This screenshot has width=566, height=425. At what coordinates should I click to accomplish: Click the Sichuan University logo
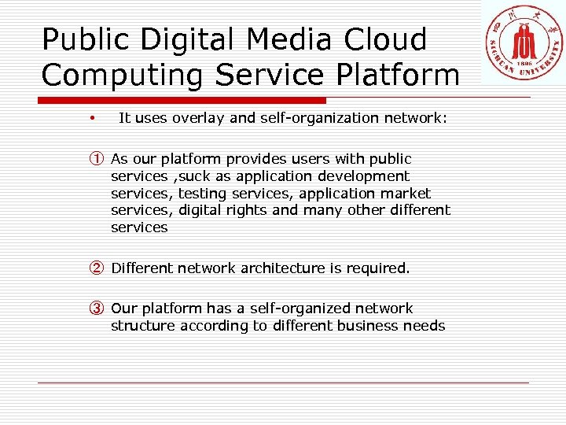[522, 43]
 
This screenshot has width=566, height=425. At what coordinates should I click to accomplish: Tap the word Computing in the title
[122, 75]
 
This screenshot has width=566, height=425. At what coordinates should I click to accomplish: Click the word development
[363, 176]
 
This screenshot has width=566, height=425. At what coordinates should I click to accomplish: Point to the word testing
[203, 193]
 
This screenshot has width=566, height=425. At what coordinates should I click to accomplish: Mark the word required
[379, 268]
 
